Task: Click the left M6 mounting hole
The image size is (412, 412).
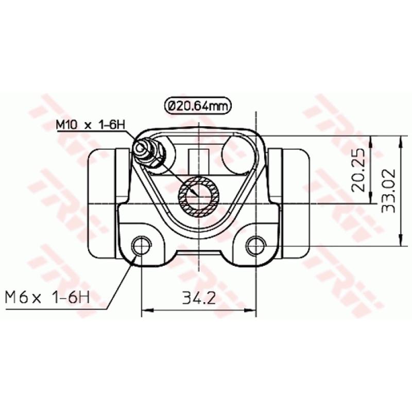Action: pyautogui.click(x=141, y=246)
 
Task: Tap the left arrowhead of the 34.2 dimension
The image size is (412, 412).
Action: pyautogui.click(x=145, y=310)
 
